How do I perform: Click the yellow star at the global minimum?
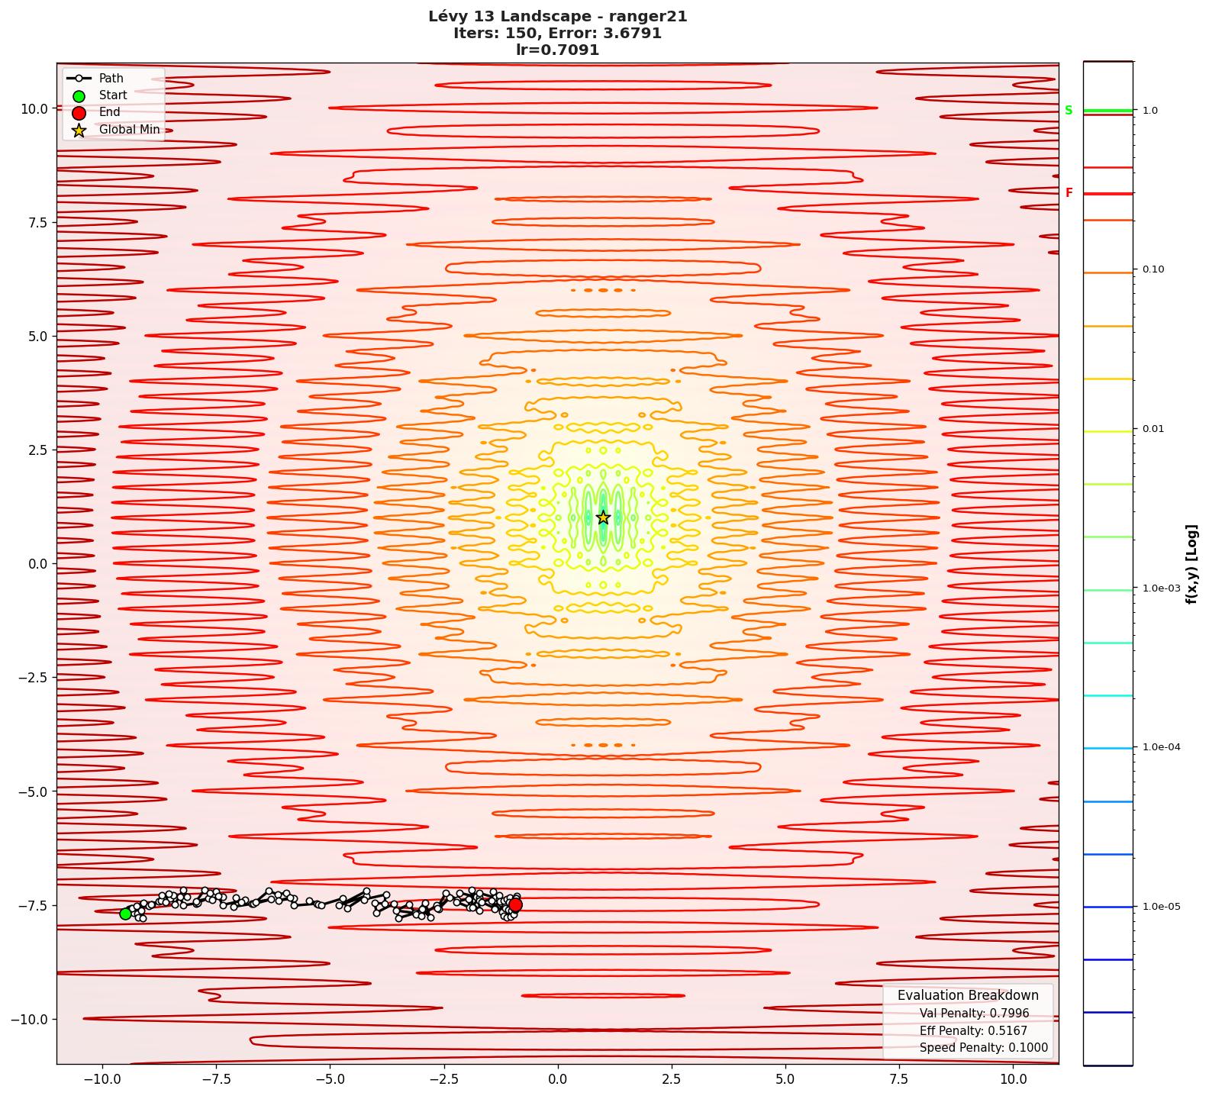click(x=603, y=517)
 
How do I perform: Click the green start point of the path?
click(x=126, y=914)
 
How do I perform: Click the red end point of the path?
click(x=515, y=905)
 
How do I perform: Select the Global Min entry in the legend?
click(x=129, y=130)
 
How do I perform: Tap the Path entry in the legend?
click(x=111, y=79)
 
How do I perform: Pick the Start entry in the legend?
click(x=113, y=95)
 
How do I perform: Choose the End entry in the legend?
click(x=109, y=112)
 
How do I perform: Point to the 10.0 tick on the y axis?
click(x=34, y=108)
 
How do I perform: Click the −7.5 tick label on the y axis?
click(x=31, y=906)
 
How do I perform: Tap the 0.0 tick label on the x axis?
click(x=557, y=1079)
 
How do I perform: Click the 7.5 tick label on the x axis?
click(x=899, y=1079)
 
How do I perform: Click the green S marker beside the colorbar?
click(x=1069, y=111)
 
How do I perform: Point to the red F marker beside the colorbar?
click(x=1069, y=194)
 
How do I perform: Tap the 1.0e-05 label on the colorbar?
click(x=1161, y=907)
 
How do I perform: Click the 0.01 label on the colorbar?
click(x=1153, y=429)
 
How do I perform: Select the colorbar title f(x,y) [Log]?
click(x=1191, y=564)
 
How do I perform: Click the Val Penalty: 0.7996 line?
click(x=974, y=1014)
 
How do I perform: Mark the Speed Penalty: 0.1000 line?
click(x=983, y=1048)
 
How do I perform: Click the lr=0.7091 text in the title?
click(x=557, y=50)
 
